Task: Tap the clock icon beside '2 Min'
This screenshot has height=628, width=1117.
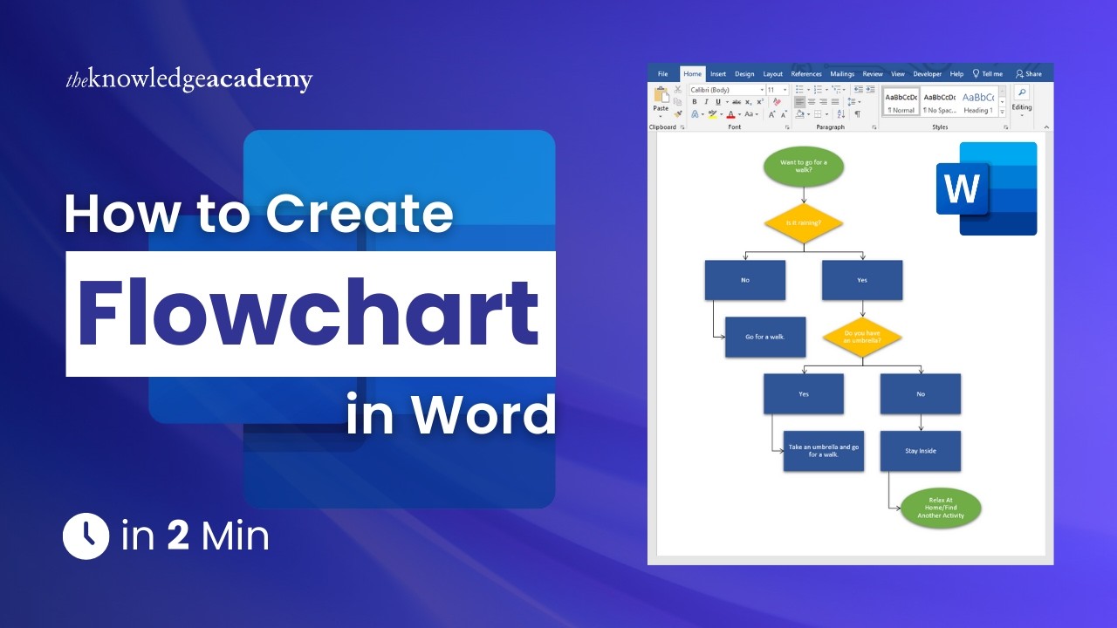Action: (x=86, y=536)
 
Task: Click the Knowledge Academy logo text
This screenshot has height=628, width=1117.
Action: (x=188, y=80)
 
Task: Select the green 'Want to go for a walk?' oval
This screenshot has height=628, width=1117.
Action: (x=803, y=166)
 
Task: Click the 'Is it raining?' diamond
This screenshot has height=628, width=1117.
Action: (x=803, y=223)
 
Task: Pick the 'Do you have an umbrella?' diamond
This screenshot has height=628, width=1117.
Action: (x=862, y=337)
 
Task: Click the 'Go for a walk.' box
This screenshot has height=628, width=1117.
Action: (x=764, y=337)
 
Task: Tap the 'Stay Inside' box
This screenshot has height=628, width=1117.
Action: (x=920, y=451)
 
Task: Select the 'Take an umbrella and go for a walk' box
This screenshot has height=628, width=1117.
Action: (x=823, y=451)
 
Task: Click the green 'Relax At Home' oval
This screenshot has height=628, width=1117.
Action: (x=940, y=509)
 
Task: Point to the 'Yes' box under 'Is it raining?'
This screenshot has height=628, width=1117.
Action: (x=862, y=280)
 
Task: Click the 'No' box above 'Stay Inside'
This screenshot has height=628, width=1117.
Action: (x=920, y=394)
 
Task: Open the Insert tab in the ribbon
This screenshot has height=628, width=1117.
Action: (x=717, y=74)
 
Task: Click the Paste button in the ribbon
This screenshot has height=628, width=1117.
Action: (x=661, y=101)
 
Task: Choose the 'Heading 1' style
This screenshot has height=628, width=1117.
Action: (x=977, y=102)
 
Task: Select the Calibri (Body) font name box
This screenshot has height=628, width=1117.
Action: (x=723, y=90)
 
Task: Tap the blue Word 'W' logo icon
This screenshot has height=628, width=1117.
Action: (x=962, y=188)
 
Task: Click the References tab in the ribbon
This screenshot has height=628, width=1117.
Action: (x=805, y=74)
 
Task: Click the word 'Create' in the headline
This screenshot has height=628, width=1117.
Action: (x=359, y=213)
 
